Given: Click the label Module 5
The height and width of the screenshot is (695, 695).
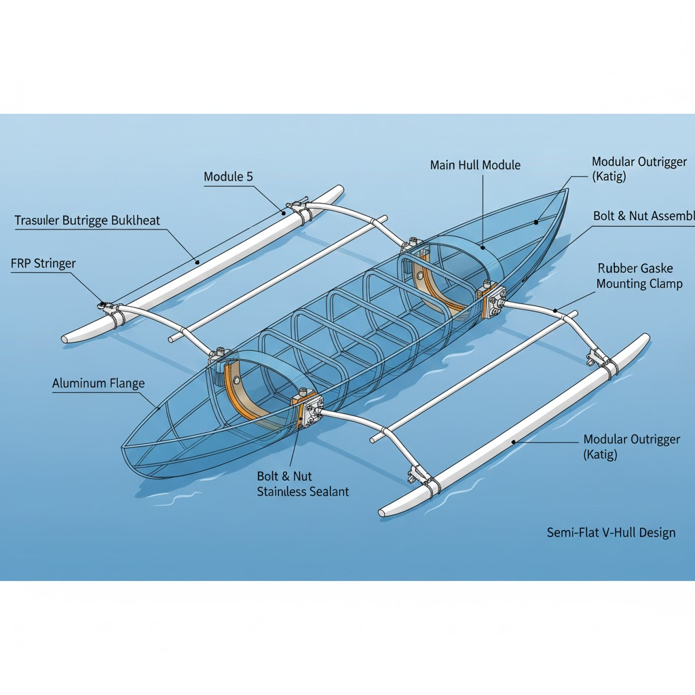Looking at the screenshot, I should coord(228,177).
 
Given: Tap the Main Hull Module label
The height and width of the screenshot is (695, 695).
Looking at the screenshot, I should coord(475,165).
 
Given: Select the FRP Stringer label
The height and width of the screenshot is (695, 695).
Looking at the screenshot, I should coord(43,264).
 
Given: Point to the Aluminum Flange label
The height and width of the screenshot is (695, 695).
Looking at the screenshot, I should coord(98,383).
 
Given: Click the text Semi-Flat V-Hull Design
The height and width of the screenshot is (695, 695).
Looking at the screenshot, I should coord(611,533).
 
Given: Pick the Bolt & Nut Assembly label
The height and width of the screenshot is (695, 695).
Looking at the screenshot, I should coord(643,217).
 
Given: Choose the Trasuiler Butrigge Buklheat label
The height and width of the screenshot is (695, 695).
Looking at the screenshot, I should coord(88,221).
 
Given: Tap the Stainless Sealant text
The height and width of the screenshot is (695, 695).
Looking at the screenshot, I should coord(303,491).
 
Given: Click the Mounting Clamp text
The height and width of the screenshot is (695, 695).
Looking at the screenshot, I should coord(639,284).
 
